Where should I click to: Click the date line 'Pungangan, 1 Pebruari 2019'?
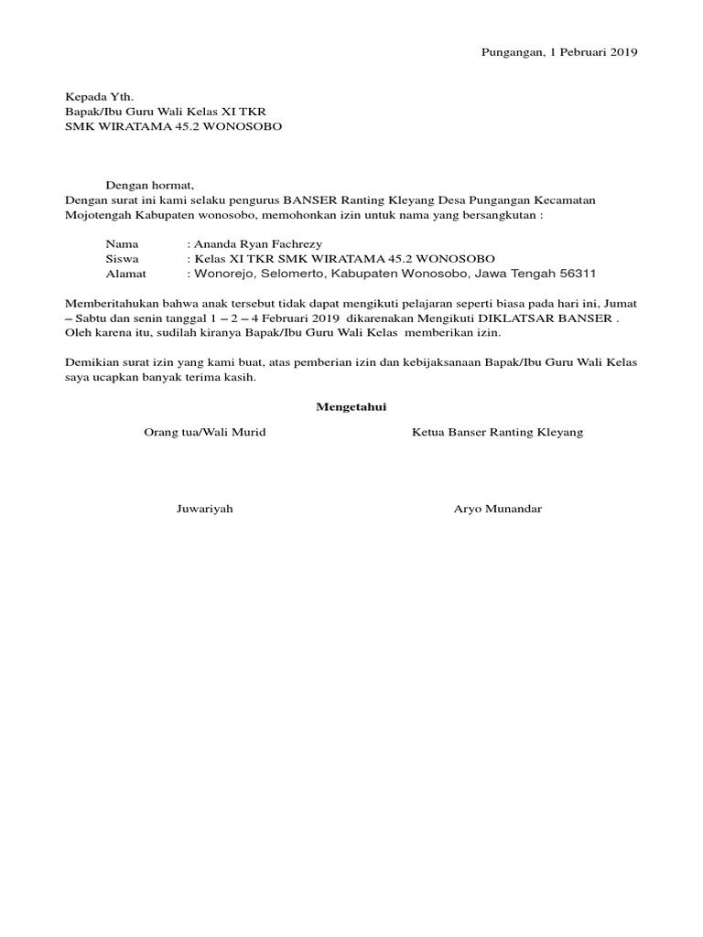(x=559, y=52)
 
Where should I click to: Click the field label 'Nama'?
(x=122, y=244)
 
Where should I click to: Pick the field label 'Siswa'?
(x=122, y=259)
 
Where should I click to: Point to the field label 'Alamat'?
(x=125, y=274)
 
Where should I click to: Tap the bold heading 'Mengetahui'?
(x=351, y=407)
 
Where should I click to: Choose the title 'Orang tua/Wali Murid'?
(x=205, y=432)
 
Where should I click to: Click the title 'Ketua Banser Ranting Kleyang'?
(x=497, y=432)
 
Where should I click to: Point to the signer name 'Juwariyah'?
(x=205, y=509)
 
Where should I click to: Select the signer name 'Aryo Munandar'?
(x=498, y=509)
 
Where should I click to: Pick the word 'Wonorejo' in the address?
(x=219, y=274)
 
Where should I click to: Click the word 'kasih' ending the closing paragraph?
(x=240, y=377)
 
